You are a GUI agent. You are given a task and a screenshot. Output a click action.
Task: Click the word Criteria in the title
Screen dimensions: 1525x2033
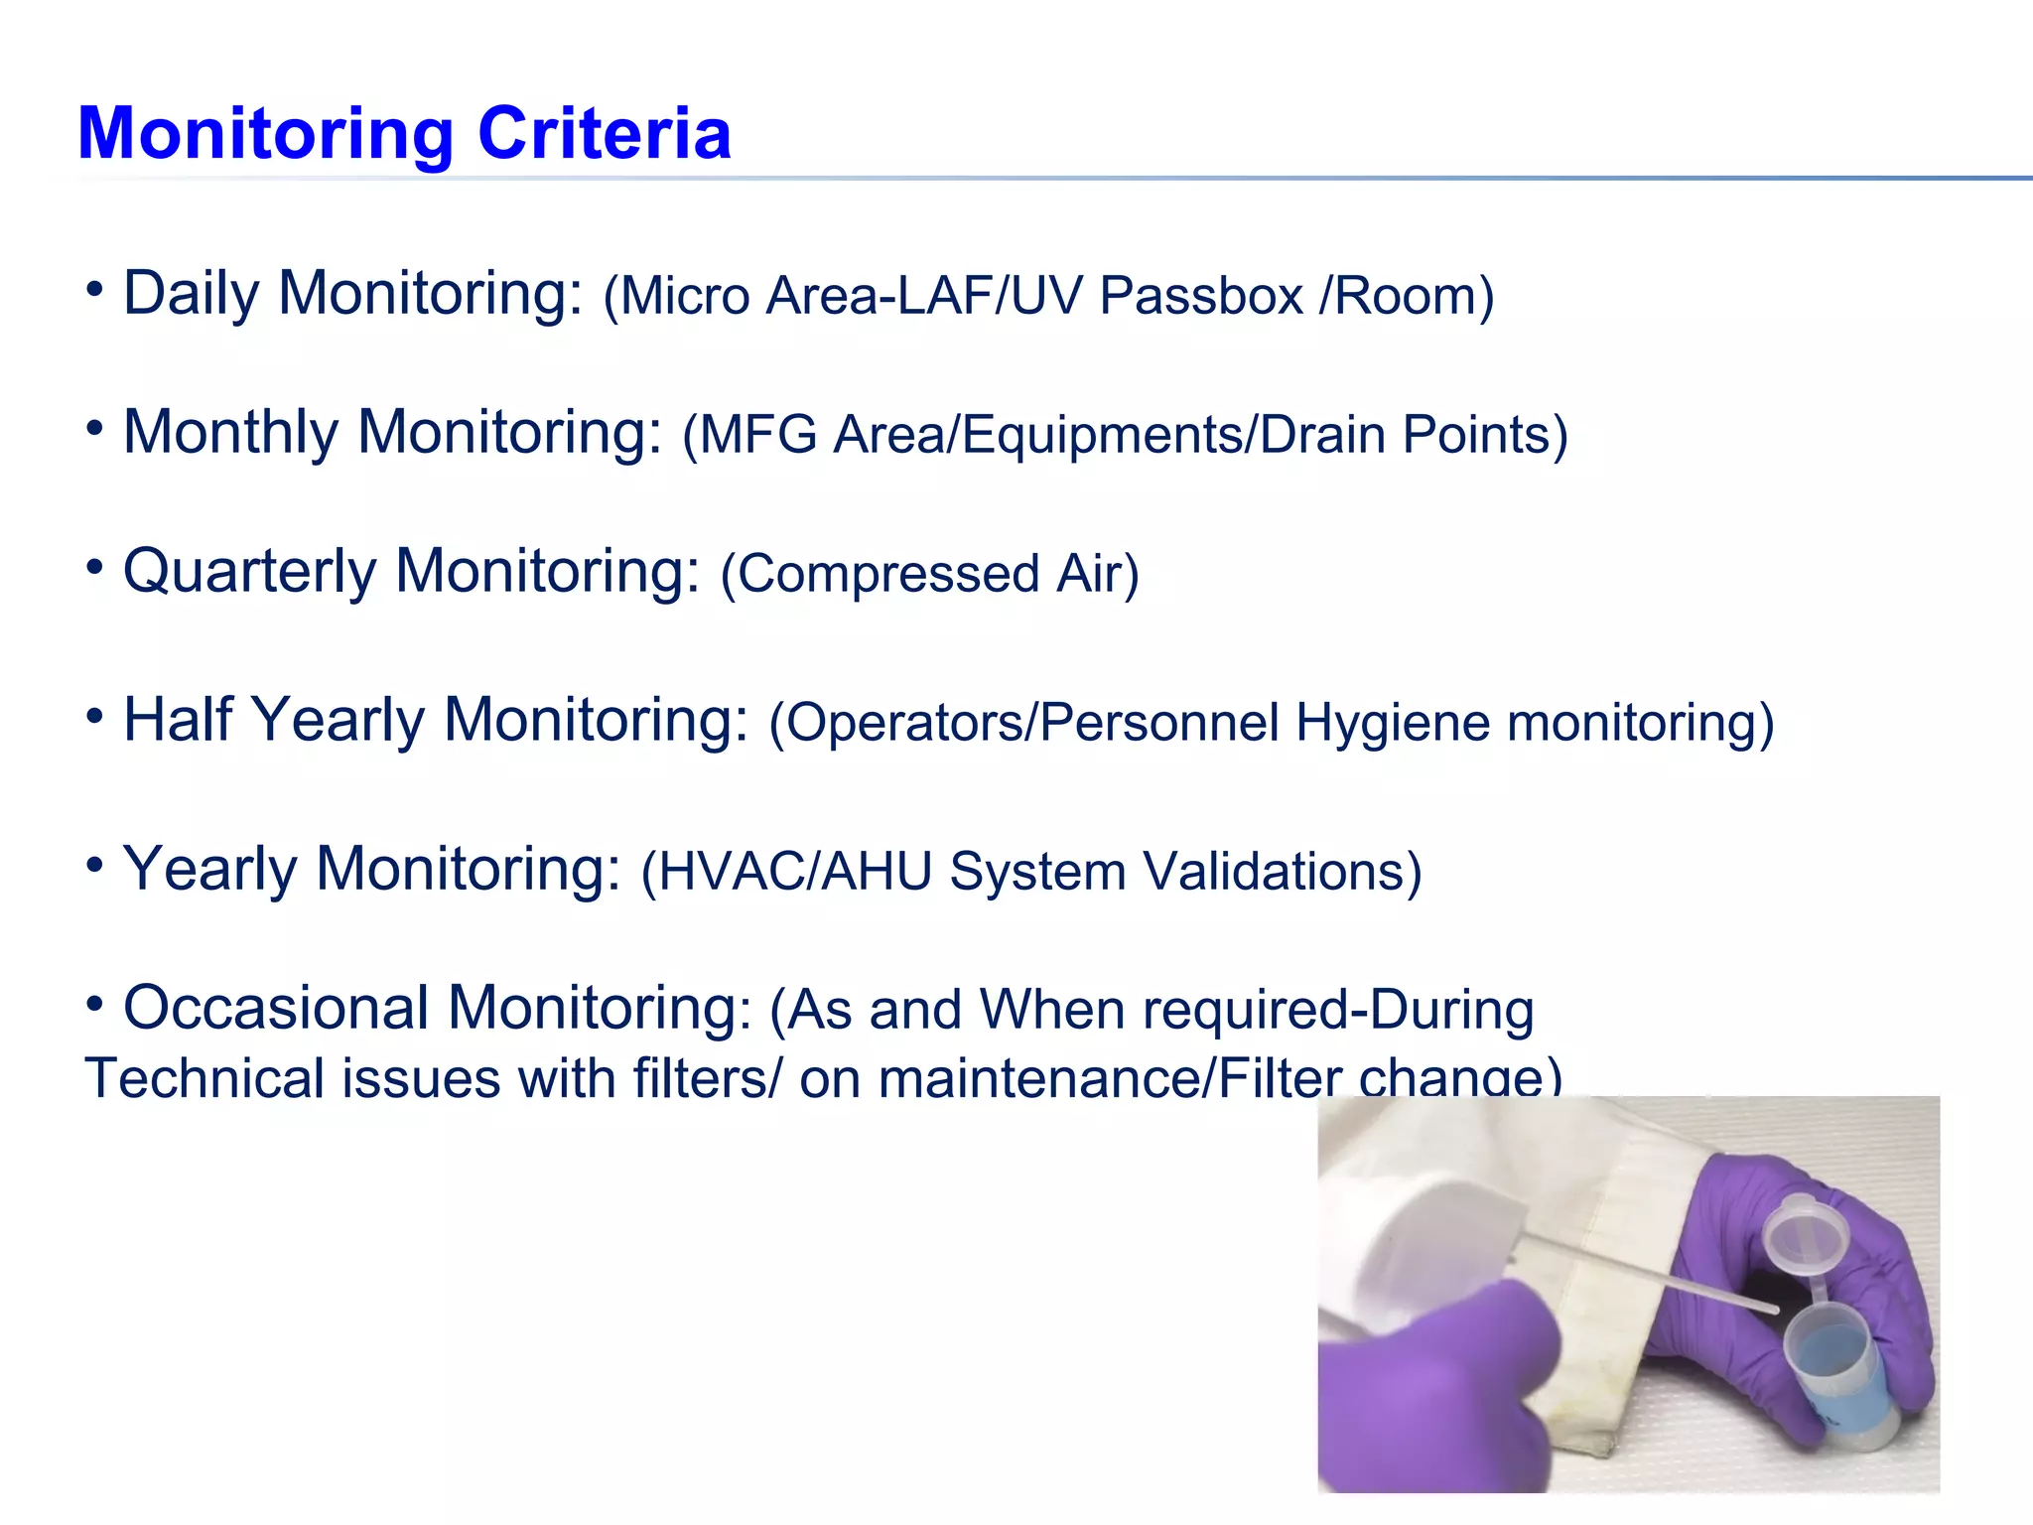pyautogui.click(x=605, y=133)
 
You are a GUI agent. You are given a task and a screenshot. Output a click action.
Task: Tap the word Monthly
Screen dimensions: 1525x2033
pyautogui.click(x=230, y=433)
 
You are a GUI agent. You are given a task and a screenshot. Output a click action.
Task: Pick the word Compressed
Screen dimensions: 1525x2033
pyautogui.click(x=888, y=575)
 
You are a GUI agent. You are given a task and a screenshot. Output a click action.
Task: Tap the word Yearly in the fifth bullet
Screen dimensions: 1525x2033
pyautogui.click(x=208, y=870)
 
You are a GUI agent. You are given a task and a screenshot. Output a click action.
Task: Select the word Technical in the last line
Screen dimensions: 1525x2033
pyautogui.click(x=204, y=1079)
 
